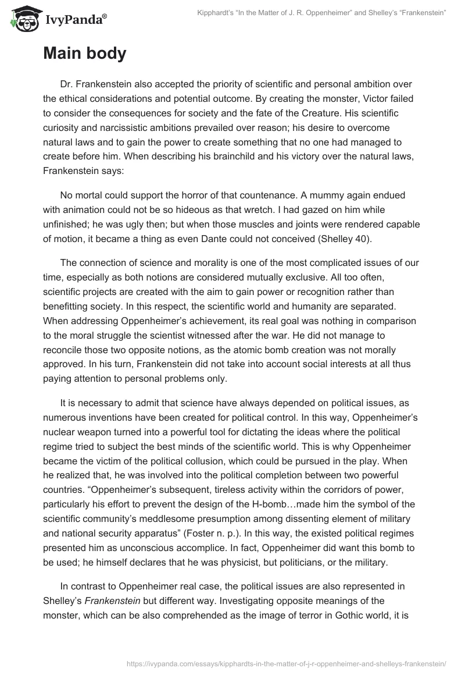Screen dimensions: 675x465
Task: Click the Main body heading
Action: click(84, 54)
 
